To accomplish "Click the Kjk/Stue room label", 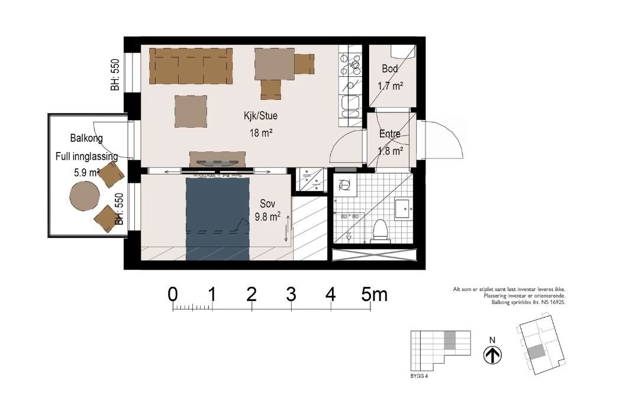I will point(260,116).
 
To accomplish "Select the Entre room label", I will point(390,134).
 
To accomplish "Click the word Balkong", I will point(86,138).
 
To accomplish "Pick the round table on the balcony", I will point(83,196).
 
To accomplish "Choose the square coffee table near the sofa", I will point(191,111).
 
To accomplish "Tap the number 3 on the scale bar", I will point(291,294).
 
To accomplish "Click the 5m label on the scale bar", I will point(375,294).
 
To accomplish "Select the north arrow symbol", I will point(492,355).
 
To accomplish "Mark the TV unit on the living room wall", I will point(217,160).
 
